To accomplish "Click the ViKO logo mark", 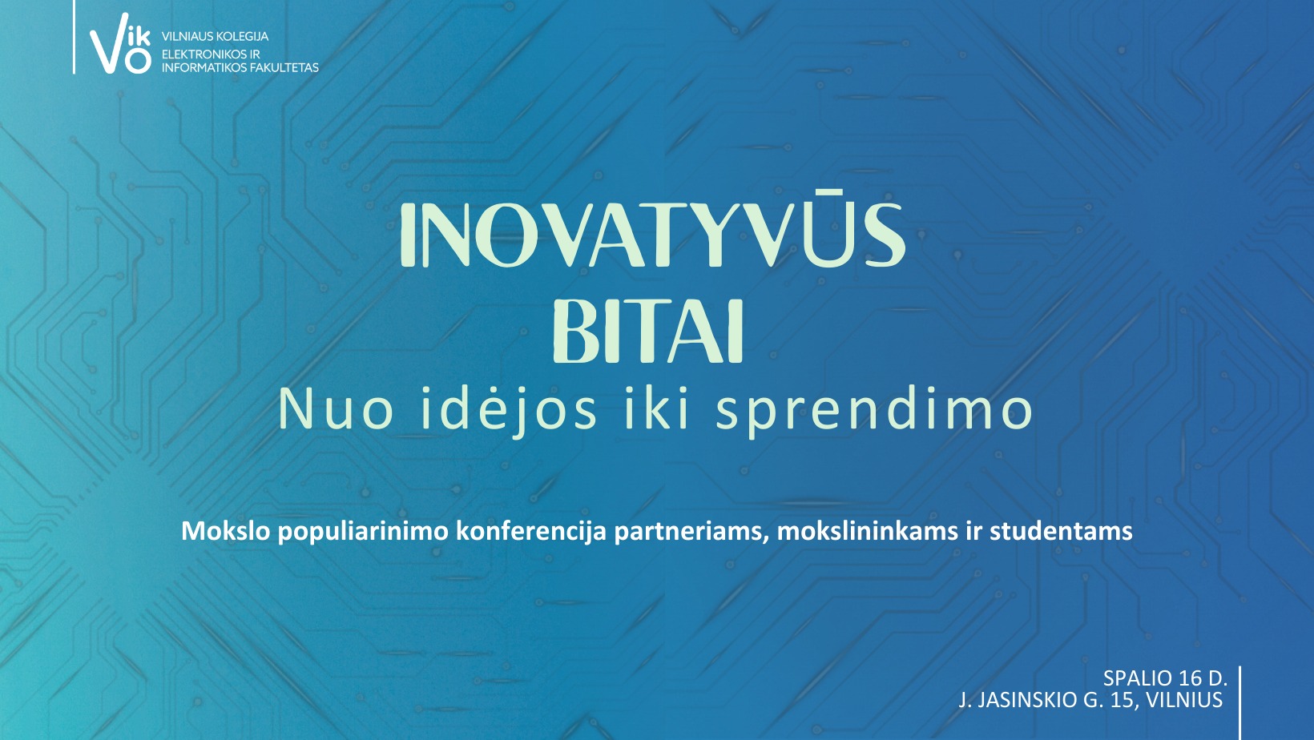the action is (x=120, y=43).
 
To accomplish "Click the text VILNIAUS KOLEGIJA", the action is (x=215, y=36).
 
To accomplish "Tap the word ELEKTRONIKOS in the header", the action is (x=203, y=54).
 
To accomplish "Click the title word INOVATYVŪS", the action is (x=652, y=235).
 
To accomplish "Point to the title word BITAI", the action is (x=649, y=332).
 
